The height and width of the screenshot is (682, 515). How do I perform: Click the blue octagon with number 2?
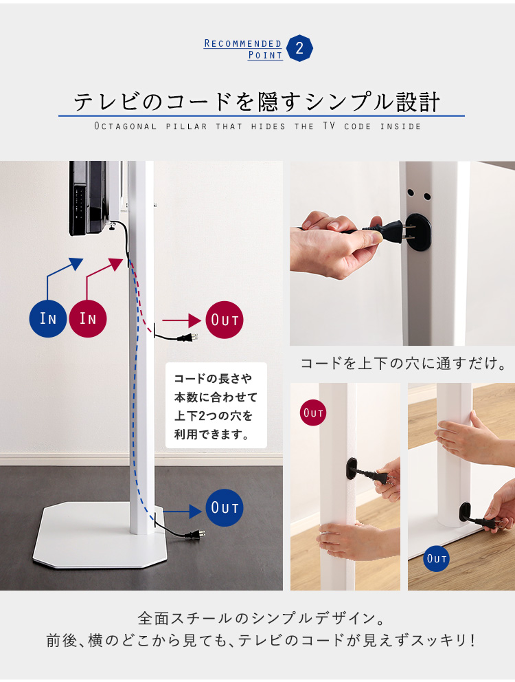(299, 48)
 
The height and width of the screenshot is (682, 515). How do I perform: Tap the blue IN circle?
(48, 318)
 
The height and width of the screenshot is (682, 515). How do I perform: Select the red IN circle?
(88, 318)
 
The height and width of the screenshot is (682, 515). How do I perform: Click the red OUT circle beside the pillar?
(225, 320)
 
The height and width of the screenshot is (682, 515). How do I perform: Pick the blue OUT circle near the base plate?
(225, 507)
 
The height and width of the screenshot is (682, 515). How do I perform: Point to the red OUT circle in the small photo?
(313, 412)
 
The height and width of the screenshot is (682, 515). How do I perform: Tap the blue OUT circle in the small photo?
(436, 558)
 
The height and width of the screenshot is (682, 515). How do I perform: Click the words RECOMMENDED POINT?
(243, 49)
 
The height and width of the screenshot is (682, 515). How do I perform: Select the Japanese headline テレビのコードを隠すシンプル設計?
(257, 102)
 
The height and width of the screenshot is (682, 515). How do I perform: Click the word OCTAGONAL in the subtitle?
(126, 126)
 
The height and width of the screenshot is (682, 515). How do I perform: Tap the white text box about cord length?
(216, 406)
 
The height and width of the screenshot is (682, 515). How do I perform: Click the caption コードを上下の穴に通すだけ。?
(404, 363)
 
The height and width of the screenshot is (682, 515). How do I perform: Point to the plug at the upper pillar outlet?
(188, 338)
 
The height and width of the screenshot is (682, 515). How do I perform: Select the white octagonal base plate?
(100, 536)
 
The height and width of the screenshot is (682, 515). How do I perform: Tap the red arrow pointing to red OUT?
(182, 320)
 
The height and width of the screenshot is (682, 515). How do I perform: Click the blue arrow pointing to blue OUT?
(182, 511)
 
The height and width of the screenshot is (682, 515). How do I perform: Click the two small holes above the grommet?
(419, 195)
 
